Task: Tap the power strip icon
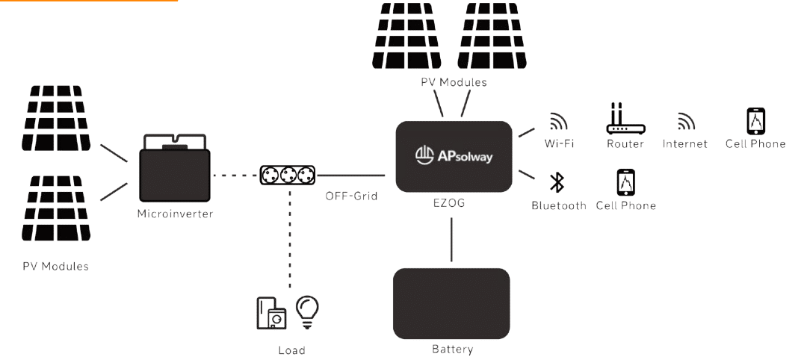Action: [x=287, y=176]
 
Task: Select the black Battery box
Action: [x=451, y=303]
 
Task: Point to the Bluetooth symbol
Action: [x=557, y=184]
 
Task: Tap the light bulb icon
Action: [x=307, y=310]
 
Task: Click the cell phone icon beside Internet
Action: [x=756, y=121]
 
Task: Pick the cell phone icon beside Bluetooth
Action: [x=625, y=182]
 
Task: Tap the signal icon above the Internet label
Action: [x=684, y=122]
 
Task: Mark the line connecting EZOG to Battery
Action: [x=451, y=238]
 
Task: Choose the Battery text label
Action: [x=451, y=349]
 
